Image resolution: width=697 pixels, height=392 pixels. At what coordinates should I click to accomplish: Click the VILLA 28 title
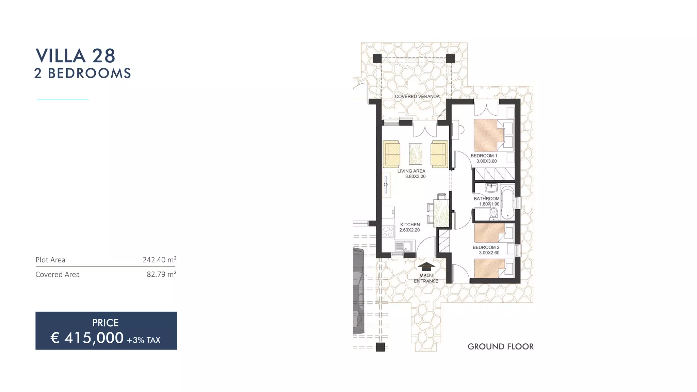click(x=76, y=56)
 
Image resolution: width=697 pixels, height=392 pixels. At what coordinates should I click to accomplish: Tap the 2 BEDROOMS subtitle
click(x=83, y=73)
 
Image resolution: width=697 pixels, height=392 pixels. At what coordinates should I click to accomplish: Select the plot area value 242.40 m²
click(x=159, y=260)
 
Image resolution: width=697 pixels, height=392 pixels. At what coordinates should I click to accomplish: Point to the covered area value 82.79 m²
click(x=161, y=274)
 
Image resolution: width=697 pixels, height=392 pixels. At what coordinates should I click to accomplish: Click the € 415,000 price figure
click(x=87, y=338)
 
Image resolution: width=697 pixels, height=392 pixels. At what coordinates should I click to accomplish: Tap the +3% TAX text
click(x=143, y=340)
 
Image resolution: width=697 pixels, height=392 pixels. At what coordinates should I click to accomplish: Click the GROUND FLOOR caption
click(x=500, y=346)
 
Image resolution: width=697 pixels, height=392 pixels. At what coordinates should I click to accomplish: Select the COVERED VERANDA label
click(x=417, y=96)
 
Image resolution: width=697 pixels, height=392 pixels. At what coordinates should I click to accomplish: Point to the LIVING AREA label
click(x=411, y=171)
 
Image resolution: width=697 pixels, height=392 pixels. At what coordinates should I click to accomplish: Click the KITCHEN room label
click(x=410, y=225)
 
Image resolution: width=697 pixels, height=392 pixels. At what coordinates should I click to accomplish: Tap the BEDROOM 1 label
click(x=484, y=156)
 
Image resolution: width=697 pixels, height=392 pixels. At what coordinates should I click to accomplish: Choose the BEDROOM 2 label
click(x=486, y=247)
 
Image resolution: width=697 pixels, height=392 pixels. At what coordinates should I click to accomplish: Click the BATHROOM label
click(x=486, y=198)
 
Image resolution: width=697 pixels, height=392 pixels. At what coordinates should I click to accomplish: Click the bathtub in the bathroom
click(x=507, y=203)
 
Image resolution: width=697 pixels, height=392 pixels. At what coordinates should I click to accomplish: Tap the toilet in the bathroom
click(x=493, y=213)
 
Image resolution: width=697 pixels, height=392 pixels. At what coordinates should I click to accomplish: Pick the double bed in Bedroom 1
click(x=489, y=135)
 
